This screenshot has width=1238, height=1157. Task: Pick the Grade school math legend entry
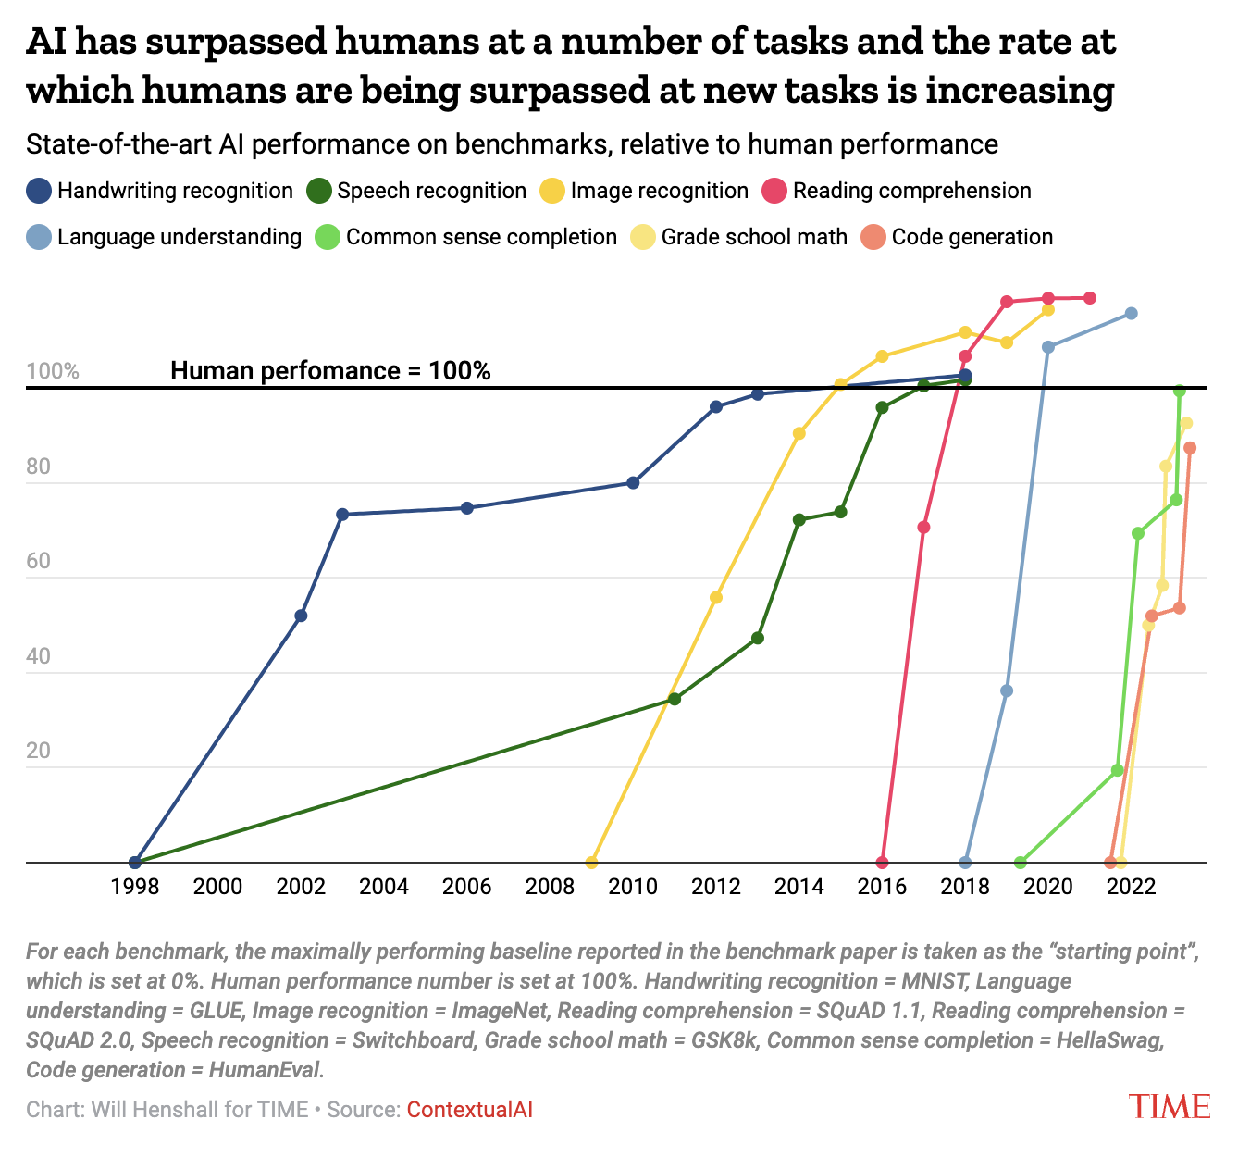(739, 237)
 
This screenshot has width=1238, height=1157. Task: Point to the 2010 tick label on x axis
(633, 887)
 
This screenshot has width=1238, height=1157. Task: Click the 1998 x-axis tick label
(135, 887)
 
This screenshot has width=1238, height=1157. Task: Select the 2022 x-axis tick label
(1131, 887)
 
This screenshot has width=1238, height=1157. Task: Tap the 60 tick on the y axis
(39, 562)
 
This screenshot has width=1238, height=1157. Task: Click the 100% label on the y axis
(53, 372)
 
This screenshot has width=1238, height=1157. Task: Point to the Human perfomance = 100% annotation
(330, 371)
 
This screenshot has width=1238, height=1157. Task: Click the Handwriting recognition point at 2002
(301, 616)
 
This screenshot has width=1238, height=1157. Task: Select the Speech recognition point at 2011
(675, 699)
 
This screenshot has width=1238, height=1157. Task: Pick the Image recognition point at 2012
(715, 597)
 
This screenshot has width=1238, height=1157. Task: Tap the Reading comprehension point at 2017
(923, 528)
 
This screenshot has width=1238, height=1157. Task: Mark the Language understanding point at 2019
(1007, 690)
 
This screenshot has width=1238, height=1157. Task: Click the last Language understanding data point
(1131, 314)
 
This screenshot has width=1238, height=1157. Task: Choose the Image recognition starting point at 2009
(592, 863)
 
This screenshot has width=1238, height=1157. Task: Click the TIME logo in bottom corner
(1169, 1106)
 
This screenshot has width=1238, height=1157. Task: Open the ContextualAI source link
(469, 1109)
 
